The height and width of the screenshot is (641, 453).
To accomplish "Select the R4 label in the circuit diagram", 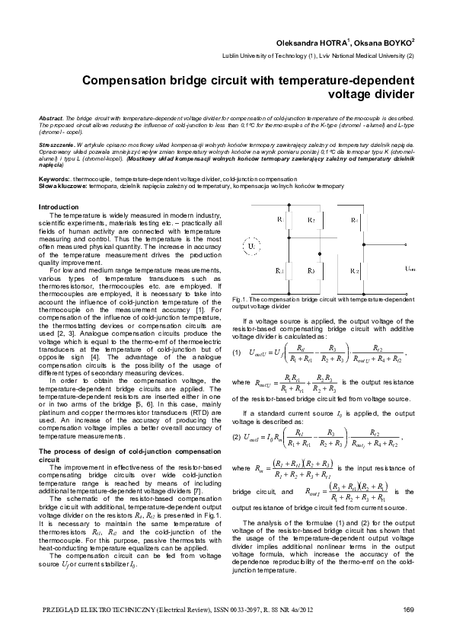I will coord(356,219).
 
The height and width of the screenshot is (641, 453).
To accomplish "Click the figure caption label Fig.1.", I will coord(238,300).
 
